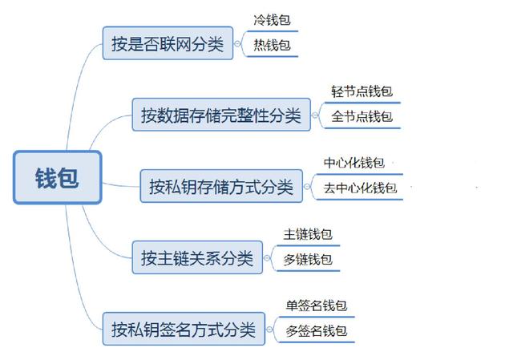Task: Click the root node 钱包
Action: [x=58, y=177]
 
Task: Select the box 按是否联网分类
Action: [x=168, y=43]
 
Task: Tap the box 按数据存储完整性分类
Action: [x=221, y=115]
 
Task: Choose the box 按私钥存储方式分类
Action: [x=221, y=186]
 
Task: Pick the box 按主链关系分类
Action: [x=197, y=257]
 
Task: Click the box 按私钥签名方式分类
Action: [x=184, y=329]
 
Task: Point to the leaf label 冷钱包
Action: [x=273, y=20]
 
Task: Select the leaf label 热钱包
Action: [x=273, y=45]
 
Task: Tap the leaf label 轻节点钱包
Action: [x=362, y=91]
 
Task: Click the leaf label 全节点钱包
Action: [x=362, y=116]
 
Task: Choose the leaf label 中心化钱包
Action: [x=354, y=163]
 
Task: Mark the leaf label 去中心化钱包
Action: [x=360, y=188]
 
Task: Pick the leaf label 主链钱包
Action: [x=308, y=234]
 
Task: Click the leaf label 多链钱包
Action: [x=308, y=259]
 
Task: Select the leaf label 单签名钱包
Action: [x=317, y=305]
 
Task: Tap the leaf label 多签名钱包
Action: [x=317, y=330]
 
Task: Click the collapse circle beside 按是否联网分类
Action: [x=237, y=43]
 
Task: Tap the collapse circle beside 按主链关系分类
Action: [x=267, y=258]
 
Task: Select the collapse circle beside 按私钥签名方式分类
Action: [x=269, y=330]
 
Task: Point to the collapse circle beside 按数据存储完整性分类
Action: [x=315, y=115]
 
